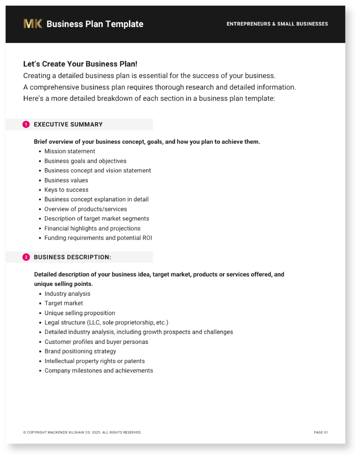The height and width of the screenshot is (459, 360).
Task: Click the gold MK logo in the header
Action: coord(32,24)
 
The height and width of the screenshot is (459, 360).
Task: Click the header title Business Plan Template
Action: coord(95,24)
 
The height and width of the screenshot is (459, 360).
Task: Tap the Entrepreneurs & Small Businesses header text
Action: coord(277,24)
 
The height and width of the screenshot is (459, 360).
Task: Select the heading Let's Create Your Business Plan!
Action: coord(80,64)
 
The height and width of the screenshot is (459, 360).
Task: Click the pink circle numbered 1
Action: coord(26,125)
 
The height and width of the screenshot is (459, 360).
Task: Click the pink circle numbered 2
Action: coord(26,257)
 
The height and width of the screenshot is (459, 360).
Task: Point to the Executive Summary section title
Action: coord(68,125)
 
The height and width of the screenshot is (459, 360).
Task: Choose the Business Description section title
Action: coord(72,257)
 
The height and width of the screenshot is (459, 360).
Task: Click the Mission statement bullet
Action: coord(69,151)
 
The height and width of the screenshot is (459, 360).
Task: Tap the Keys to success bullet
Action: coord(66,190)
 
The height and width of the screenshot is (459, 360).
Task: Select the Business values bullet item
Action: coord(66,180)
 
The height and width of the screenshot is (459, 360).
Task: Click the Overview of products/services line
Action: coord(85,209)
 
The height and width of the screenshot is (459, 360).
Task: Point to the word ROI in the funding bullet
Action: coord(147,238)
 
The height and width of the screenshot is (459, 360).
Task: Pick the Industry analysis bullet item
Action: coord(67,294)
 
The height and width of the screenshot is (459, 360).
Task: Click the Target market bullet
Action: coord(63,303)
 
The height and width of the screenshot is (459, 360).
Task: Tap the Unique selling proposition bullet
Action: coord(80,313)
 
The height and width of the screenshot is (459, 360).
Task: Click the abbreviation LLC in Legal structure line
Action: coord(94,323)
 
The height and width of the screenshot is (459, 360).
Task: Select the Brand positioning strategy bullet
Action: coord(80,351)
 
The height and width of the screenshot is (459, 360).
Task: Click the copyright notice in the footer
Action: coord(82,433)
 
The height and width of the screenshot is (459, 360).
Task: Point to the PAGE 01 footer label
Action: coord(320,433)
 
